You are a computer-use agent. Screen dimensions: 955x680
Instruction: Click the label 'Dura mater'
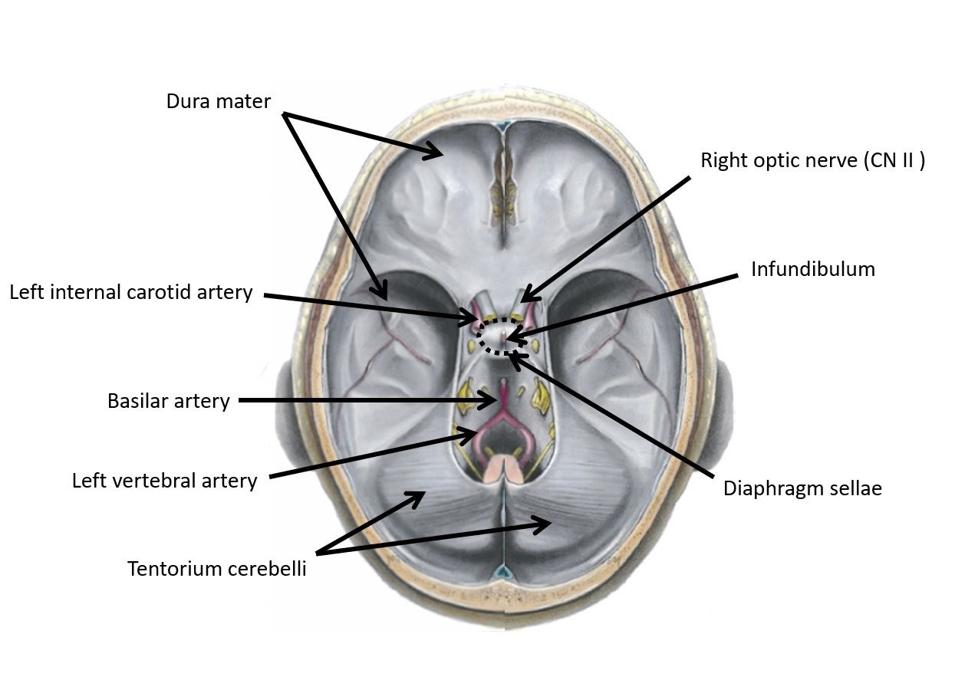point(218,100)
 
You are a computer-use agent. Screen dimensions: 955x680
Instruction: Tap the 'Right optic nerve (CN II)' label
point(812,160)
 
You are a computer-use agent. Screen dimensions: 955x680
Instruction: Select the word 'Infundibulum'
point(812,269)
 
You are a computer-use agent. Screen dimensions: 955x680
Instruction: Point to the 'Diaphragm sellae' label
point(802,488)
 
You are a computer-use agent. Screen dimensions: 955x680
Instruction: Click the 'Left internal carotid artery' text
point(130,292)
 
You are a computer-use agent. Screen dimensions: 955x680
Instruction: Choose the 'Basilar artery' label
point(168,401)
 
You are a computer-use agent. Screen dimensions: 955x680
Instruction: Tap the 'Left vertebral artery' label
point(164,481)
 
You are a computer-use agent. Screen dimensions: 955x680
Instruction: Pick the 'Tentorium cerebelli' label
point(216,569)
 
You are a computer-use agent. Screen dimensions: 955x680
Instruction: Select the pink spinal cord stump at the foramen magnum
point(502,467)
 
